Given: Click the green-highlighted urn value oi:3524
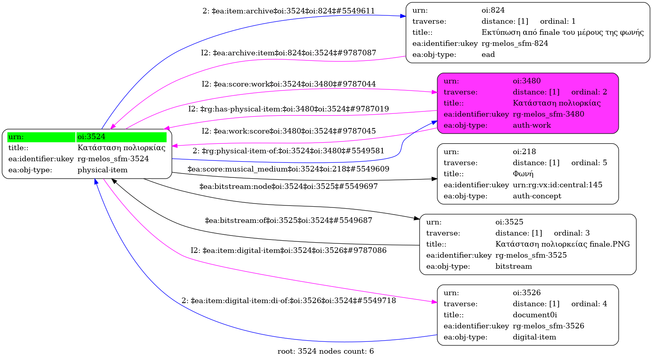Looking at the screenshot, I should pos(91,137).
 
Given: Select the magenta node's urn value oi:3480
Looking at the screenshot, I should pos(527,81).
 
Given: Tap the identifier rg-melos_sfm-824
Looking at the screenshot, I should pos(515,43).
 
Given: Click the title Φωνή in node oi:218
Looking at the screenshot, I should pos(523,174).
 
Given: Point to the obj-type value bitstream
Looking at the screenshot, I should pos(514,266).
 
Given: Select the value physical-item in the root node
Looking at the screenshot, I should pos(102,170).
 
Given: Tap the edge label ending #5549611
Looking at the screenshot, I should pos(289,11).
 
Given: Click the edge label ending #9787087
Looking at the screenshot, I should pos(289,53).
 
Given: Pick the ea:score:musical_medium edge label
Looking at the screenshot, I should pos(288,169).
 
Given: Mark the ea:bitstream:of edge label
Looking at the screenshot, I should pos(289,221).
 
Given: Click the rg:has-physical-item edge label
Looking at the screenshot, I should pos(289,109).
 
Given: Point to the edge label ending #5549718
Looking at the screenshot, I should pos(289,301).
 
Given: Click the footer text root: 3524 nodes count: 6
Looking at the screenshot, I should pos(325,351).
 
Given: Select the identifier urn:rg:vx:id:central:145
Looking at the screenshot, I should pos(558,185).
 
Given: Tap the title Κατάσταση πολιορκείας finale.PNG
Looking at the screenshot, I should pos(562,244).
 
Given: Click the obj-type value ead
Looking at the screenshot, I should pos(488,55).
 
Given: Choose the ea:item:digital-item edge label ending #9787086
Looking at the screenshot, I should pos(289,251).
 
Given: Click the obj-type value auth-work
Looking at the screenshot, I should pos(532,125).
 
